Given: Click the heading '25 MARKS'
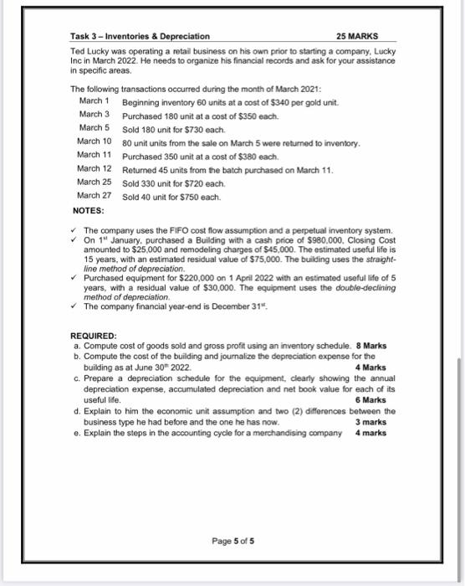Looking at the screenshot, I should tap(356, 37).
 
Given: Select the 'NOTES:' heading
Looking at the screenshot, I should tap(87, 210).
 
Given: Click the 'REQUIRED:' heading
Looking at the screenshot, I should tap(94, 336).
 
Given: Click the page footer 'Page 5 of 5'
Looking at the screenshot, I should tap(234, 540).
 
